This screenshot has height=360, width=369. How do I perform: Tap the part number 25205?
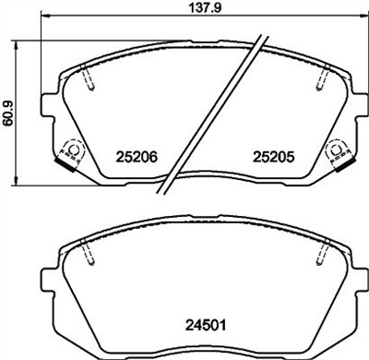coord(272,158)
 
